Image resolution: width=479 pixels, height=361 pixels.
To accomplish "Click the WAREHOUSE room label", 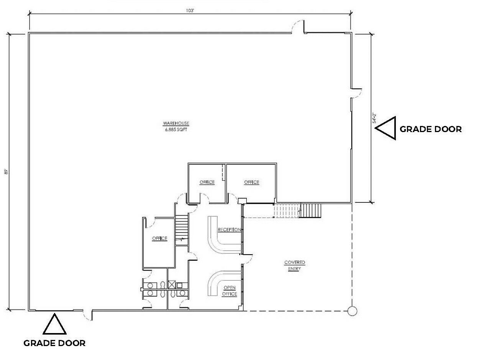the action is [x=176, y=123].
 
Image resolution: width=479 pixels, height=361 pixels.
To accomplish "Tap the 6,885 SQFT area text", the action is [x=176, y=130].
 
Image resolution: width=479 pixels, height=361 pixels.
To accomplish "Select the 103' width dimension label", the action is [x=190, y=11].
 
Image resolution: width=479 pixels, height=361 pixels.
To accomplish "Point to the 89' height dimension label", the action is [x=6, y=172].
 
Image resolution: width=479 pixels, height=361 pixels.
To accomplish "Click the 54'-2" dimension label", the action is [x=374, y=118].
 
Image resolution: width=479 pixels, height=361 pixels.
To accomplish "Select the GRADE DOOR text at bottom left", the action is [x=54, y=343].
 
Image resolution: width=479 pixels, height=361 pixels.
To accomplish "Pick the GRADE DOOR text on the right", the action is [x=431, y=129].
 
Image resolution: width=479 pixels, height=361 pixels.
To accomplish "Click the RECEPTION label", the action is [x=230, y=230].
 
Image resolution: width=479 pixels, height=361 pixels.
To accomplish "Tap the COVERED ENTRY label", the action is [x=295, y=265].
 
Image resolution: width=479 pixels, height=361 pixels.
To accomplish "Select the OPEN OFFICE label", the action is [x=230, y=291].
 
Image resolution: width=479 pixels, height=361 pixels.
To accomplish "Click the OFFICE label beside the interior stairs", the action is [x=160, y=238].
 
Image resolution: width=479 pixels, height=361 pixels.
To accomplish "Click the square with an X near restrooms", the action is [x=172, y=285].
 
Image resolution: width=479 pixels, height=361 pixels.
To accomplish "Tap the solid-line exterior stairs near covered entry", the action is [x=310, y=211].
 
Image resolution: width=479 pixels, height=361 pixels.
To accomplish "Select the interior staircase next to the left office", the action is [x=182, y=230].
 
